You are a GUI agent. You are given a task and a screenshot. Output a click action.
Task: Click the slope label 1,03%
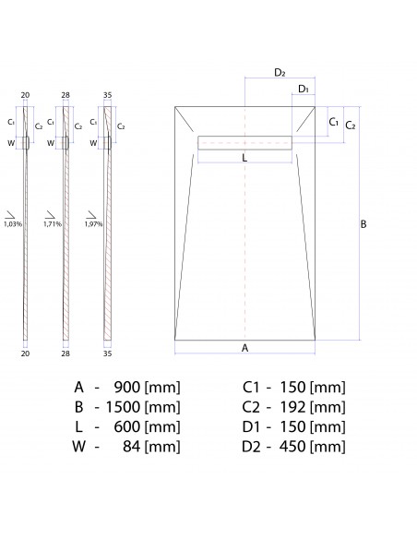(x=13, y=223)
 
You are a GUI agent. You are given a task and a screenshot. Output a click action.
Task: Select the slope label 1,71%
(x=52, y=223)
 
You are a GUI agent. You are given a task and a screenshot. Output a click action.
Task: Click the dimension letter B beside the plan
(x=363, y=224)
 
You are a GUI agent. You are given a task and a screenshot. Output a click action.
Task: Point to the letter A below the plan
(x=244, y=348)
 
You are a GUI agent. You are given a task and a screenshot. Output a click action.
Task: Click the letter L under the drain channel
(x=244, y=158)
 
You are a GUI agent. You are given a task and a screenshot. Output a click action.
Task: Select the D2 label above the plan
(x=280, y=72)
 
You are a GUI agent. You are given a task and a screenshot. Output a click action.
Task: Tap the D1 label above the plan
(x=304, y=89)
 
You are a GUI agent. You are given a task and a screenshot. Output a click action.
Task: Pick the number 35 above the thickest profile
(x=108, y=95)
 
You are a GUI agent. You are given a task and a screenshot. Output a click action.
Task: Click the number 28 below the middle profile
(x=66, y=353)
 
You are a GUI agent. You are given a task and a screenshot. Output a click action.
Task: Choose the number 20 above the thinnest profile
(x=25, y=95)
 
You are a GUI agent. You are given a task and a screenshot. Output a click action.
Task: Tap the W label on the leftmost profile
(x=11, y=143)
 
